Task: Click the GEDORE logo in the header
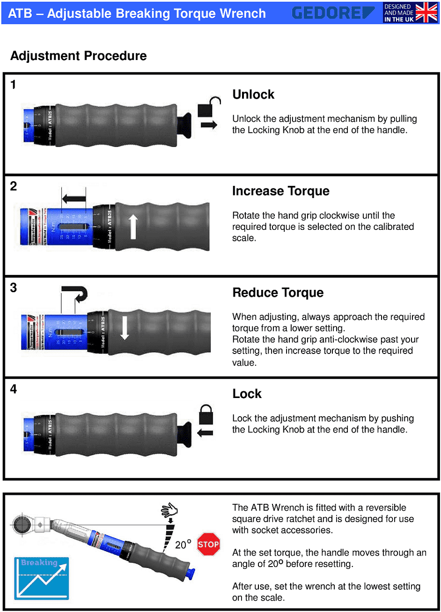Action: point(333,13)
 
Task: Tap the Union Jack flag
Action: point(426,13)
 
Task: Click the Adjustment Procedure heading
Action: point(78,56)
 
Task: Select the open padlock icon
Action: point(208,108)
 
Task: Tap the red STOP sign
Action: point(208,544)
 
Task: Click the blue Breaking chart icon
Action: point(41,578)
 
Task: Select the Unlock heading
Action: point(253,95)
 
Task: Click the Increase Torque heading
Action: point(280,191)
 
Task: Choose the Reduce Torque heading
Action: point(278,293)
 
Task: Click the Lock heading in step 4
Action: point(247,394)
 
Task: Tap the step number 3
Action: point(14,288)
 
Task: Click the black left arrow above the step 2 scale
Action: point(73,199)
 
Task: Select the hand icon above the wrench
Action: point(169,510)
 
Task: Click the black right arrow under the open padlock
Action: point(209,125)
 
